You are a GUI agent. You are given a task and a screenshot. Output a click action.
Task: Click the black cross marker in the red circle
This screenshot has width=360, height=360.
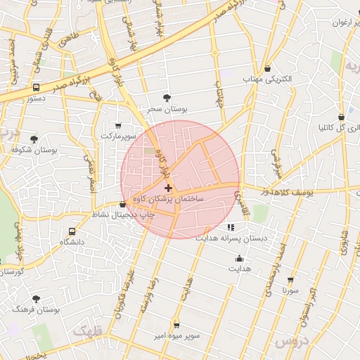pyautogui.click(x=167, y=188)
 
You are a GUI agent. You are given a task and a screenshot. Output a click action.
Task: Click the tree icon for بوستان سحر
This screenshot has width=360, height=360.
pyautogui.click(x=167, y=98)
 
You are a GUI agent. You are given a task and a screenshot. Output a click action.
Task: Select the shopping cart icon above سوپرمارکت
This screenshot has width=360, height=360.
pyautogui.click(x=117, y=124)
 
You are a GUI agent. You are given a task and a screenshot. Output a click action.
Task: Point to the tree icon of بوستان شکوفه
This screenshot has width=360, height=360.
pyautogui.click(x=34, y=139)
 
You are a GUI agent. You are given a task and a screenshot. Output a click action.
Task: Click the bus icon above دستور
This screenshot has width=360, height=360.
pyautogui.click(x=35, y=88)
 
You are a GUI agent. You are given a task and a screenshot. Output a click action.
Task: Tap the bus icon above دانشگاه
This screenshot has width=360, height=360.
pyautogui.click(x=72, y=231)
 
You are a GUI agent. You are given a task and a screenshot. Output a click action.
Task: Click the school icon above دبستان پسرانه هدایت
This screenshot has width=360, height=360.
pyautogui.click(x=230, y=227)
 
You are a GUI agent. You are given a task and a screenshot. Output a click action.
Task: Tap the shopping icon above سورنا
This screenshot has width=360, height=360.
pyautogui.click(x=290, y=279)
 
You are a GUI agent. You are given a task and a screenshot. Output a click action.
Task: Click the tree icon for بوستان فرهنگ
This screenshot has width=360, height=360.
pyautogui.click(x=36, y=299)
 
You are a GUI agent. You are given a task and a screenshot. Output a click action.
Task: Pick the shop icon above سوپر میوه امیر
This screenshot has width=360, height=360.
pyautogui.click(x=176, y=326)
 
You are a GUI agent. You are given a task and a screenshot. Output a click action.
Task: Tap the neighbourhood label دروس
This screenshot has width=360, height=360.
pyautogui.click(x=291, y=341)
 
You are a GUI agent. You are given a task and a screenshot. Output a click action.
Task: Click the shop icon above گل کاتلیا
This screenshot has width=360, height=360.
pyautogui.click(x=341, y=117)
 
